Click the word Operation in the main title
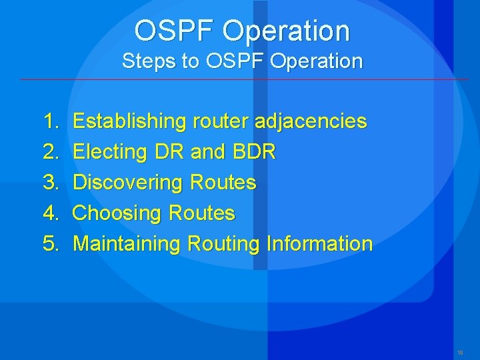(x=286, y=31)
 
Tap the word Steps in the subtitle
(x=143, y=61)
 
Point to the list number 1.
(x=50, y=121)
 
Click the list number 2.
(x=51, y=152)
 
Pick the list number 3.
(x=51, y=182)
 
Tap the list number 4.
(x=51, y=213)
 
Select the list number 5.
(x=51, y=243)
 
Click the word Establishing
(x=129, y=121)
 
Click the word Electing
(x=109, y=152)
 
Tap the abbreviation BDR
(x=254, y=152)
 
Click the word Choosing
(x=118, y=213)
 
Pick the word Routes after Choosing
(x=203, y=213)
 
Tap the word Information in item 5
(x=319, y=243)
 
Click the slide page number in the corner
(x=460, y=352)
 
